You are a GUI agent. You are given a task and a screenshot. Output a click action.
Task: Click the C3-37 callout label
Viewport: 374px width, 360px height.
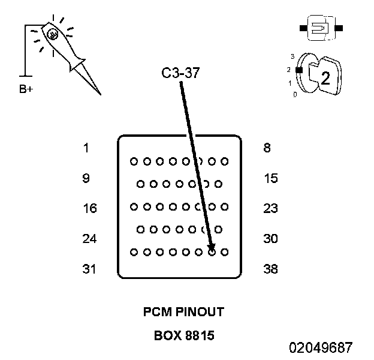180,74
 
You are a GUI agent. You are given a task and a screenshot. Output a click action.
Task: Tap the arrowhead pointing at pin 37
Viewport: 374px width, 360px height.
211,247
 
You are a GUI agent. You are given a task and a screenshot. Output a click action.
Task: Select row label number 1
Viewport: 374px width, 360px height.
86,148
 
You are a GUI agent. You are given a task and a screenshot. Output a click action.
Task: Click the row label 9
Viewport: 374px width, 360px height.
86,178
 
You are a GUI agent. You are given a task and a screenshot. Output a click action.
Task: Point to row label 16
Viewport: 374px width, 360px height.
89,209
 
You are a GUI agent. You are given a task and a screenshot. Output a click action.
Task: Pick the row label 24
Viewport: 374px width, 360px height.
89,239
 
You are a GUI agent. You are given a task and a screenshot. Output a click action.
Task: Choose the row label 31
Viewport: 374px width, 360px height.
89,269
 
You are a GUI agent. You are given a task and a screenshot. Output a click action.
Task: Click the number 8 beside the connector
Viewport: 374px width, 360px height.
267,148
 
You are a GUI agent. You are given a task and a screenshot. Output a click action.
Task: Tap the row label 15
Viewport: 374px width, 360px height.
270,178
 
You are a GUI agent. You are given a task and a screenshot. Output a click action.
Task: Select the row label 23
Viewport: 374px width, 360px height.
270,209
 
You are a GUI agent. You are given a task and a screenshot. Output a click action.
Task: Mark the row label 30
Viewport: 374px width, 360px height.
270,239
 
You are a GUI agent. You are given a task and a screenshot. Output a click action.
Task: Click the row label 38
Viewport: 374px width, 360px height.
270,269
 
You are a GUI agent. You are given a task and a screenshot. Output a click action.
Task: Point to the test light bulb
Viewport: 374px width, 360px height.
52,35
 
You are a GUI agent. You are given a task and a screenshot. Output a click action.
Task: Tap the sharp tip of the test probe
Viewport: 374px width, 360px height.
99,94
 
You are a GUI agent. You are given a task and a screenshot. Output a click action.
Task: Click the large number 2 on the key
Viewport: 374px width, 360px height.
325,78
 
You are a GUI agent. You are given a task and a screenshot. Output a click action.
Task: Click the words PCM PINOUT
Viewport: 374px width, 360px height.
183,312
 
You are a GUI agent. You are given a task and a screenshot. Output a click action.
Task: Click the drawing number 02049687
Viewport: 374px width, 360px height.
321,347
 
